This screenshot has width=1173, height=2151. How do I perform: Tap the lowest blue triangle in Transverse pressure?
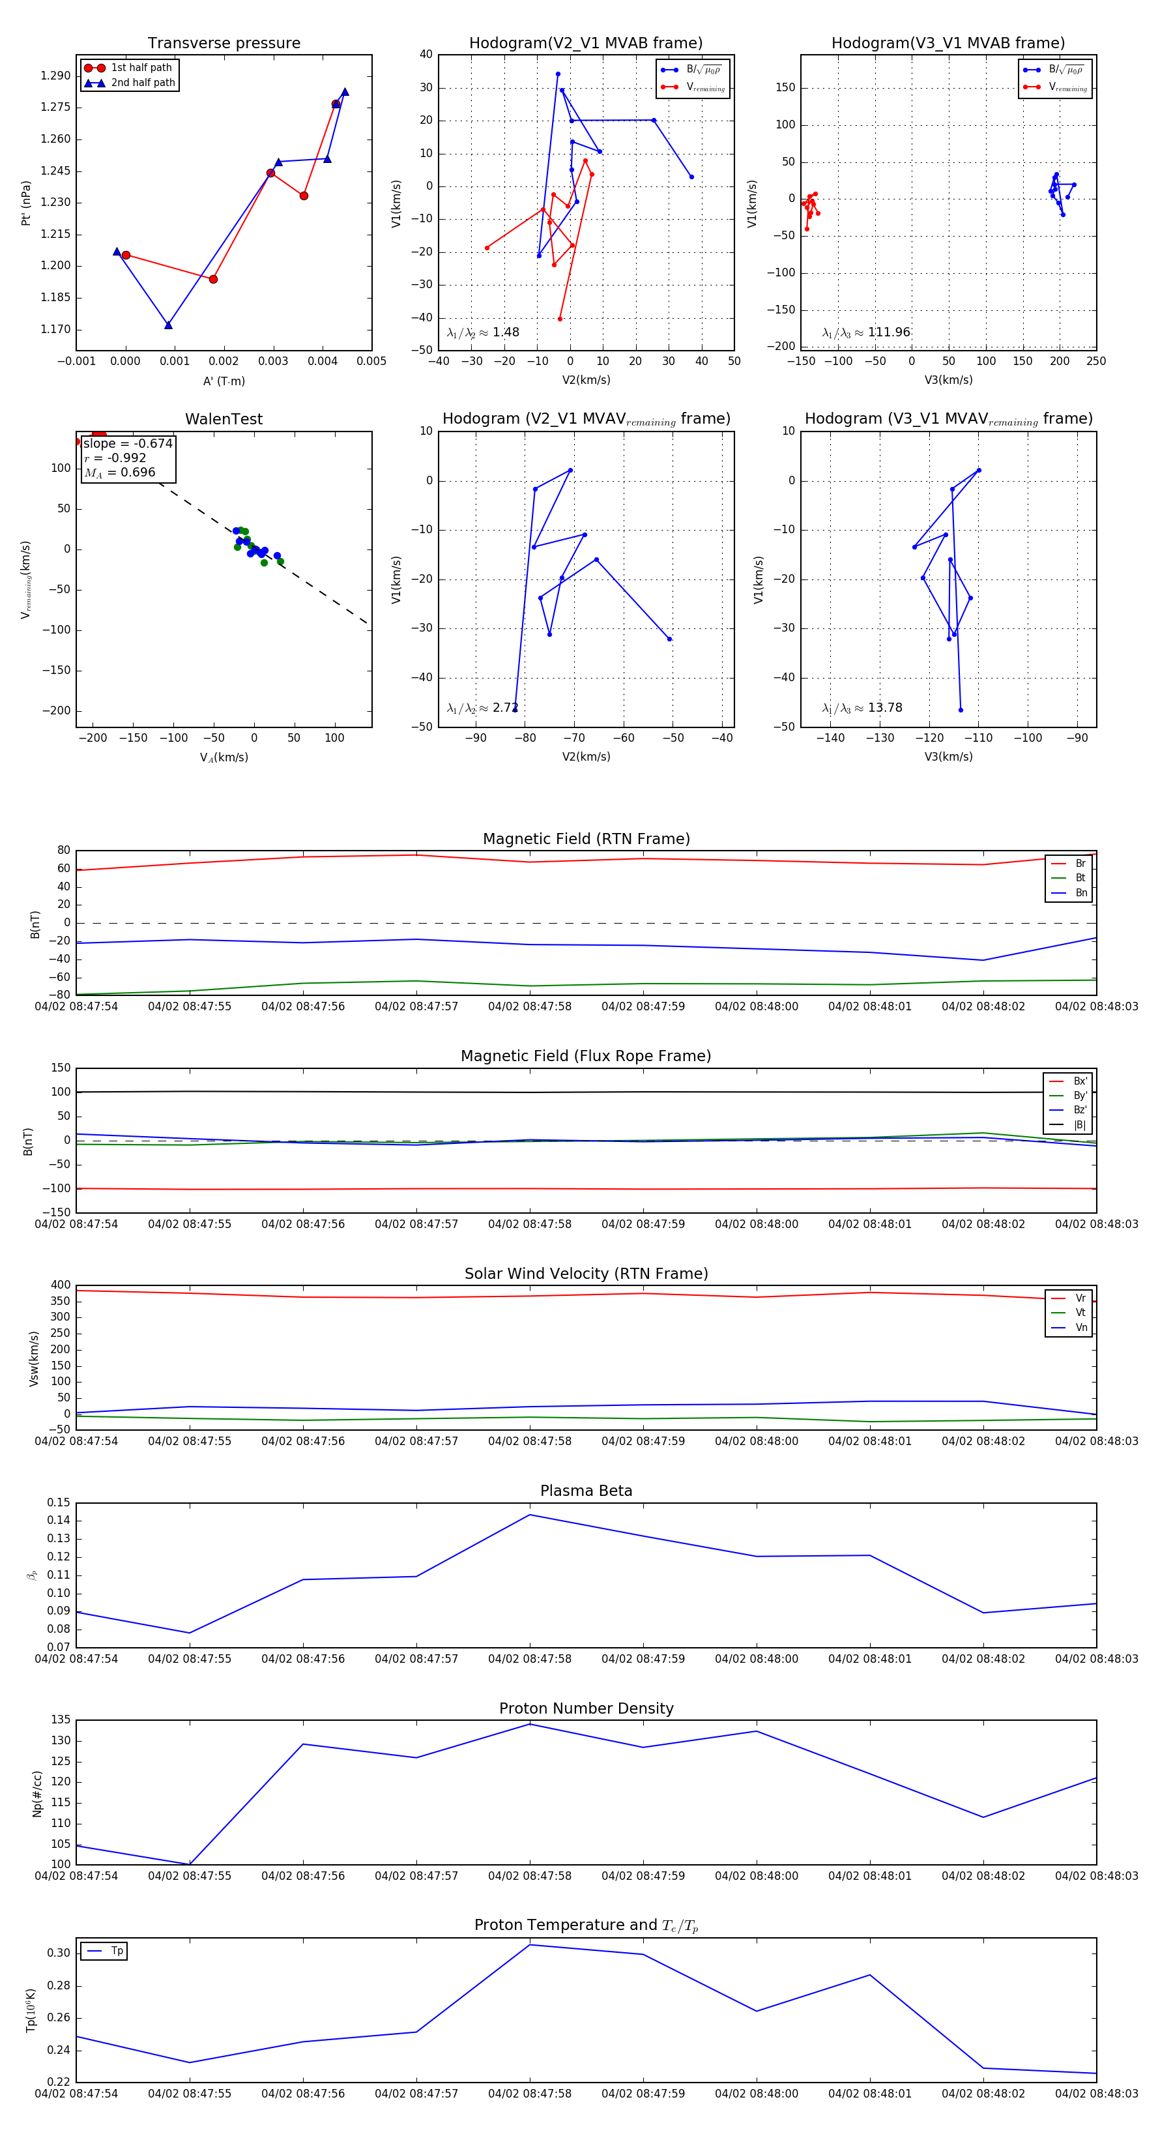coord(169,325)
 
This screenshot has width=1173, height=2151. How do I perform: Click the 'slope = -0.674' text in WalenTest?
coord(128,443)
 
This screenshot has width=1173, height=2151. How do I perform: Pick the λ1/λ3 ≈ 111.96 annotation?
coord(866,332)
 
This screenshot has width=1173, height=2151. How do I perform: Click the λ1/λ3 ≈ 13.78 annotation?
coord(862,708)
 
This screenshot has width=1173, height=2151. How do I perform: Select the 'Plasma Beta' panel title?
coord(586,1491)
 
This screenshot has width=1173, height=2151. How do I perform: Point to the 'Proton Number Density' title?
coord(586,1708)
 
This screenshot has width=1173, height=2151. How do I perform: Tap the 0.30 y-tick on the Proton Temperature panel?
coord(59,1953)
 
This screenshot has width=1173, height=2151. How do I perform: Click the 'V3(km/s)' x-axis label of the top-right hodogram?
coord(948,380)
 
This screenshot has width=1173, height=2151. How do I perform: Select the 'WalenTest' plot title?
coord(224,419)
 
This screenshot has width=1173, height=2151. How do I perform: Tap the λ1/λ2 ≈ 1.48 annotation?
coord(482,332)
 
